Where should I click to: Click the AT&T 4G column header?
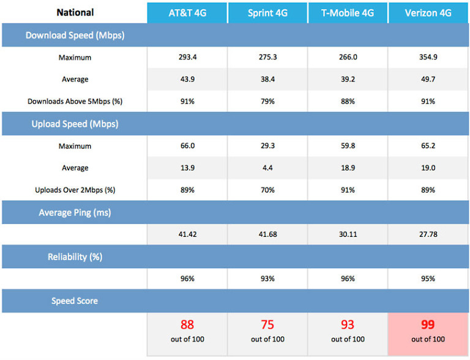tap(187, 12)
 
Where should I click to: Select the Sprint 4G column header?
tap(267, 12)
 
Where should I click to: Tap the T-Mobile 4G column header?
tap(347, 12)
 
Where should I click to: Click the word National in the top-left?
tap(75, 12)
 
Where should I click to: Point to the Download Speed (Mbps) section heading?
tap(75, 35)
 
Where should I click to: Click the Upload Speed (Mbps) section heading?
tap(75, 124)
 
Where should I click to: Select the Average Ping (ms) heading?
tap(75, 212)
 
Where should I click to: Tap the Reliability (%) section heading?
tap(75, 257)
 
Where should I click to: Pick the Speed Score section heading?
tap(75, 301)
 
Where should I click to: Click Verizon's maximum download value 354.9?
tap(427, 57)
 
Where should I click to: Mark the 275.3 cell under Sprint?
tap(267, 57)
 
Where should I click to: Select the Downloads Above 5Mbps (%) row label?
tap(75, 101)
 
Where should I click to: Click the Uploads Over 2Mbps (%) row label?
tap(75, 190)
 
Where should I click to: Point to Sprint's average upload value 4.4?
tap(267, 168)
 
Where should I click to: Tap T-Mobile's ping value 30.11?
tap(347, 234)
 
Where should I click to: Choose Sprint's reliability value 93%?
tap(267, 279)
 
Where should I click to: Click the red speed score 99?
tap(428, 324)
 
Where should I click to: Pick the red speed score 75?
tap(267, 324)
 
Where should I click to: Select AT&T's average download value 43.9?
tap(187, 79)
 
